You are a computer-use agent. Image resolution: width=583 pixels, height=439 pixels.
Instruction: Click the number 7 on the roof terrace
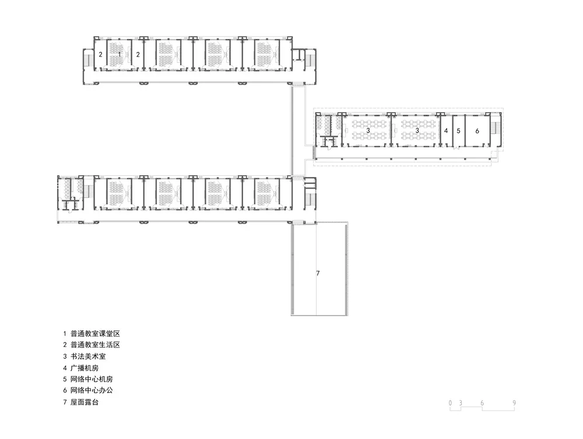point(318,273)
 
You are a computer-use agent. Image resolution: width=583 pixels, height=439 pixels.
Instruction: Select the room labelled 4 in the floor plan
point(446,131)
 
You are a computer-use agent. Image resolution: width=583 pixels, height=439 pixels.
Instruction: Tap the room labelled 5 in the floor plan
point(458,131)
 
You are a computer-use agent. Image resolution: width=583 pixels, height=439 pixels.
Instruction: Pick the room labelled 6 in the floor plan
point(477,131)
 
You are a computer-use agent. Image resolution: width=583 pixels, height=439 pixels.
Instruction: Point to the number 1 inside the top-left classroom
point(120,54)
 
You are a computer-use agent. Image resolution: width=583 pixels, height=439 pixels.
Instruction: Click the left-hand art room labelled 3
point(368,130)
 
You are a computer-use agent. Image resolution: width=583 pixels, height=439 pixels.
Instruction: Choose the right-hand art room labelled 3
point(417,130)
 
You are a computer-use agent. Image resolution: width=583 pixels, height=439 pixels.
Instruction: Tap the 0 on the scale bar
point(451,402)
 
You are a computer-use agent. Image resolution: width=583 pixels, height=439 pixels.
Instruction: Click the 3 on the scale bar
point(460,402)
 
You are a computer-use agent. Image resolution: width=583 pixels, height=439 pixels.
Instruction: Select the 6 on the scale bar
point(482,402)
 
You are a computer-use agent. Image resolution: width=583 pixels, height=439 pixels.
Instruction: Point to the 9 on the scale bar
point(514,402)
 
